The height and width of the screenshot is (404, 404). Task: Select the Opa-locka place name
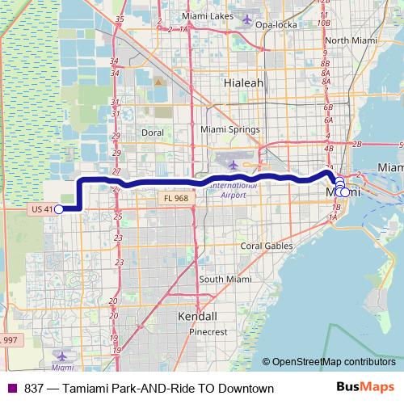(277, 25)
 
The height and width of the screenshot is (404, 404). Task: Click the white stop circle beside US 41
(58, 209)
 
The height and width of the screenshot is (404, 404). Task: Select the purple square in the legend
(11, 389)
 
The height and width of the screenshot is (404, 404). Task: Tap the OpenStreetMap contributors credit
(334, 362)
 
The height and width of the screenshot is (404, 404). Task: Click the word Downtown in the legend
(245, 389)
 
